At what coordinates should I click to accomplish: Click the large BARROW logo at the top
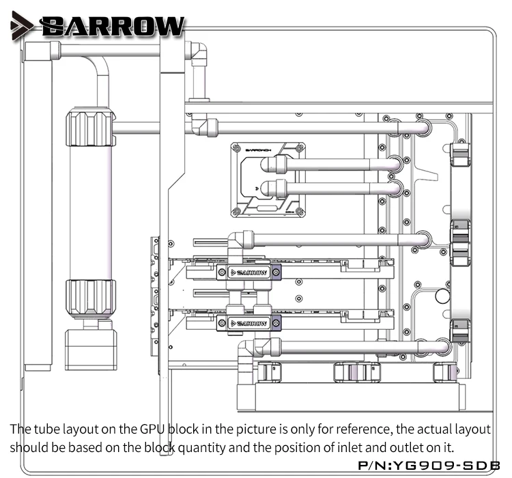click(x=113, y=25)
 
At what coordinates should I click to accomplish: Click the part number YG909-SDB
click(x=445, y=465)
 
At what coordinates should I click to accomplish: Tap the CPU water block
click(x=268, y=180)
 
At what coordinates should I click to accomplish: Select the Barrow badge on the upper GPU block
click(x=248, y=272)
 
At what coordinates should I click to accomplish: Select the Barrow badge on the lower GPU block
click(x=248, y=324)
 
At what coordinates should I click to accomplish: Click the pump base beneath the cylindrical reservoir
click(x=91, y=350)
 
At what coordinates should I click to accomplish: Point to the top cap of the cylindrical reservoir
click(x=90, y=128)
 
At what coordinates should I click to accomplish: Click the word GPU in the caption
click(x=152, y=430)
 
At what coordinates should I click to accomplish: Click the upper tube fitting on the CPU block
click(x=274, y=165)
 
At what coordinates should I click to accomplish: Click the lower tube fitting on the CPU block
click(x=274, y=189)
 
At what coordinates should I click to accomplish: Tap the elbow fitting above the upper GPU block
click(x=240, y=243)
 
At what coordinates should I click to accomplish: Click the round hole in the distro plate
click(x=442, y=296)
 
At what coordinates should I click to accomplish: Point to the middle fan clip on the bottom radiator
click(x=357, y=372)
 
